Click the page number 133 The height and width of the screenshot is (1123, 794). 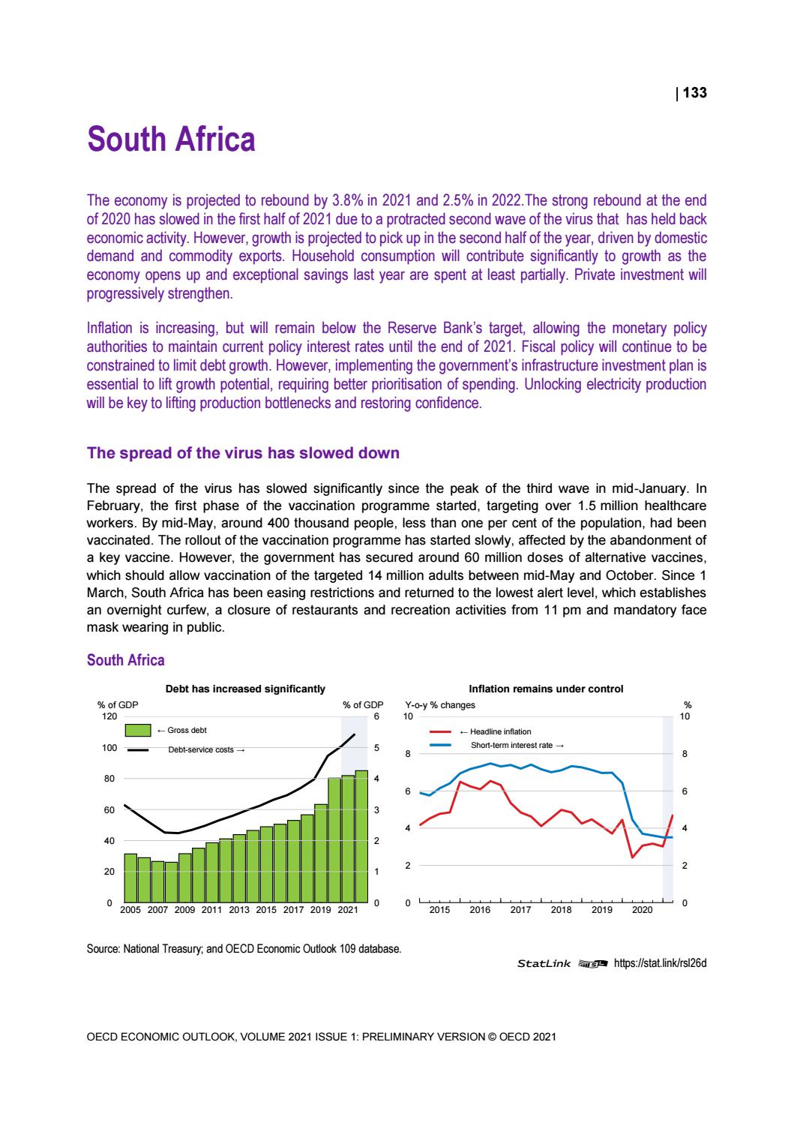tap(694, 93)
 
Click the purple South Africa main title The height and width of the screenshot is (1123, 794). tap(171, 140)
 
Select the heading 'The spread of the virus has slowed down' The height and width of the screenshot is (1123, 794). tap(243, 453)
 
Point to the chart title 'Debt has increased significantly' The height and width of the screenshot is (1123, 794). tap(245, 689)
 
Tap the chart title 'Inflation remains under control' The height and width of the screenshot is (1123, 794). tap(545, 689)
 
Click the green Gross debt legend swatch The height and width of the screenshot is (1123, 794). tap(139, 730)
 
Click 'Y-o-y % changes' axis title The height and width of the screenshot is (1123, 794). tap(439, 705)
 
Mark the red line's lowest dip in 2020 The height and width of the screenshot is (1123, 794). tap(633, 857)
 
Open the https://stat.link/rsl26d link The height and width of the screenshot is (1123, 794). tap(660, 964)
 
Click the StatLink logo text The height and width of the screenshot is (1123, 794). tap(544, 964)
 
